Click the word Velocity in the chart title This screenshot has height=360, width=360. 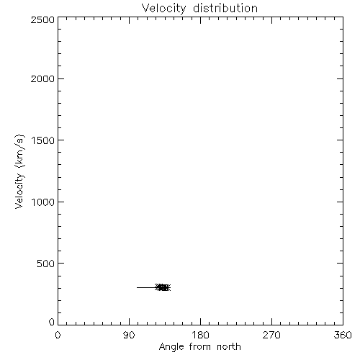coord(164,9)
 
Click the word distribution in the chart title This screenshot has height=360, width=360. coord(225,8)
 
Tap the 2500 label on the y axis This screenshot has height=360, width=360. coord(42,19)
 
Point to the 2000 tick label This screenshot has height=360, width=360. coord(42,78)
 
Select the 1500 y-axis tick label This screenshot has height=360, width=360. coord(43,140)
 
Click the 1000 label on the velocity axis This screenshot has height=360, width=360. coord(43,202)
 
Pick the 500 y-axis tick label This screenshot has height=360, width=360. coord(46,264)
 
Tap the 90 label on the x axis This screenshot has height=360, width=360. coord(129,335)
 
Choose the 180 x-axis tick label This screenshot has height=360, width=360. coord(200,335)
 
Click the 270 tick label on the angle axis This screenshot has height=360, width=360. coord(271,335)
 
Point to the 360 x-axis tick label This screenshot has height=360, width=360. coord(343,335)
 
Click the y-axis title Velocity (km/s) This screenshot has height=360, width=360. coord(19,171)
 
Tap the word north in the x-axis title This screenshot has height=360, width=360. coord(229,347)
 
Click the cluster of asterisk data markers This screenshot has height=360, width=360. coord(163,287)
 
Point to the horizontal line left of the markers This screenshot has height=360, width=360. coord(146,287)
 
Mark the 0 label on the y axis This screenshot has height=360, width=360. coord(52,322)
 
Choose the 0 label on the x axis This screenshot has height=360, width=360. coord(58,335)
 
